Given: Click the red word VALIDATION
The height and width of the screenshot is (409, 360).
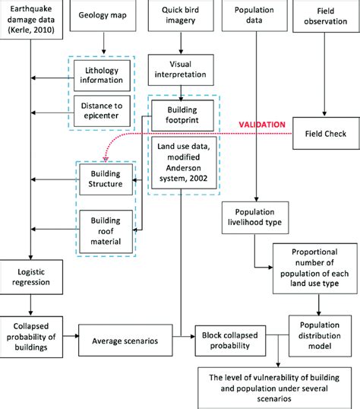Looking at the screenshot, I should pos(260,123).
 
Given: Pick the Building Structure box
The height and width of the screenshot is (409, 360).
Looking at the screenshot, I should pos(105,179).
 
